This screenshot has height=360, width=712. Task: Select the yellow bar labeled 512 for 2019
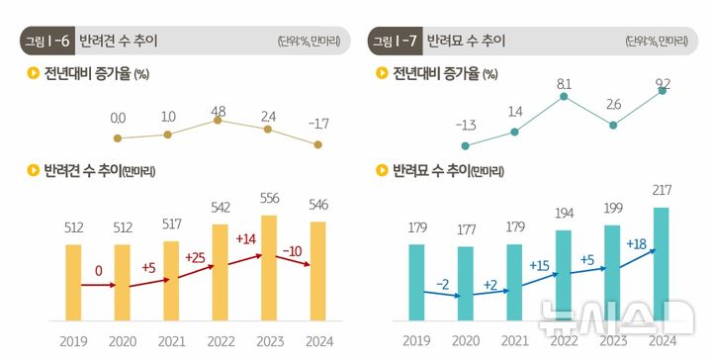(73, 282)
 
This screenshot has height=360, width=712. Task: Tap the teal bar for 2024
(662, 264)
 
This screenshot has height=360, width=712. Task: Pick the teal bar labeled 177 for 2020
(466, 283)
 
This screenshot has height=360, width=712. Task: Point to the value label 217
(662, 189)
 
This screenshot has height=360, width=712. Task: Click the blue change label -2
(442, 284)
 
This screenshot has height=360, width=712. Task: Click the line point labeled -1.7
(317, 144)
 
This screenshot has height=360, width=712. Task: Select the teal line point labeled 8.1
(564, 97)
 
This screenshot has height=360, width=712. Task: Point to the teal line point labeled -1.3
(465, 144)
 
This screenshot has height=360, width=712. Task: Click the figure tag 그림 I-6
(45, 41)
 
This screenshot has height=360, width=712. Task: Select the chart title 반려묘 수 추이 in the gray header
(465, 41)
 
